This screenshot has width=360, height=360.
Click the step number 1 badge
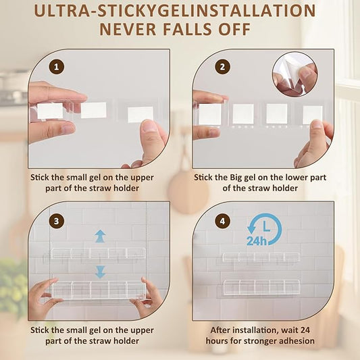coord(57,67)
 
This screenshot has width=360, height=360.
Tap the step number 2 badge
coord(222,67)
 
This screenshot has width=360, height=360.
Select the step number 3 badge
coord(57,221)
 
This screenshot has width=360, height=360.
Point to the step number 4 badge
coord(222,221)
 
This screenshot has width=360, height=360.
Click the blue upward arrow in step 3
coord(101,236)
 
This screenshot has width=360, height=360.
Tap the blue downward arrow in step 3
coord(101,272)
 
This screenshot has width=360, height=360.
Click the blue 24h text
coord(257,241)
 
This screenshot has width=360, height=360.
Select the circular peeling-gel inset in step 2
coord(295,74)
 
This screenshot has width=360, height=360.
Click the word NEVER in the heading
coord(128,29)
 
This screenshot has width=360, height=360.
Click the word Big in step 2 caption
coord(236,178)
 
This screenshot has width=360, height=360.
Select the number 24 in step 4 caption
coord(305,330)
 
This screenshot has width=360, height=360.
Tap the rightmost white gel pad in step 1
coord(140,115)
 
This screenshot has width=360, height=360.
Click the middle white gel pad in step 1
coord(93,110)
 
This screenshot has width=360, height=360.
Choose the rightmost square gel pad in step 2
coord(313,115)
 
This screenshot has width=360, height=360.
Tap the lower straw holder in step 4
coord(261,287)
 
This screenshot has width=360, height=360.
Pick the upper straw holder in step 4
coord(261,257)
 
